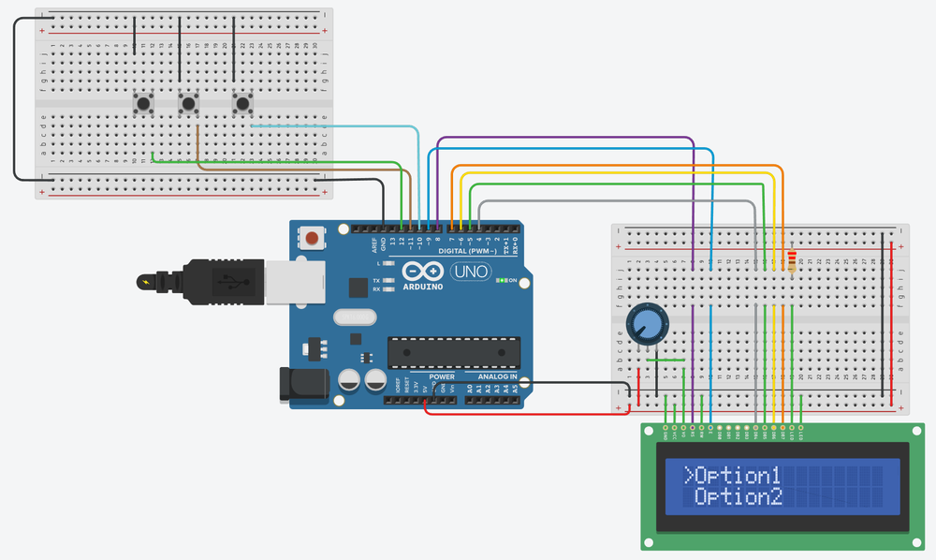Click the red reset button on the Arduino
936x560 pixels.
point(311,240)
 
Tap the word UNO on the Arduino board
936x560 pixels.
point(471,272)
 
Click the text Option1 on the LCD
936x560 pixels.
point(740,474)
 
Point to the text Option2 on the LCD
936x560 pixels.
point(740,497)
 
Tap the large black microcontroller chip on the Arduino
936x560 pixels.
point(454,352)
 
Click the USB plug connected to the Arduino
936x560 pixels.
point(225,280)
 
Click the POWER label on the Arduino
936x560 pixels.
point(442,376)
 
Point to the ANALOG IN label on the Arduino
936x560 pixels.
point(491,376)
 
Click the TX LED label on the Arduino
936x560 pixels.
point(376,280)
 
